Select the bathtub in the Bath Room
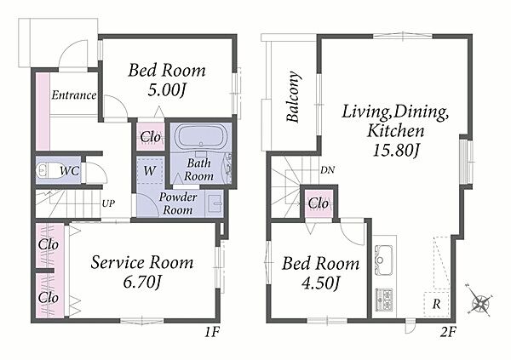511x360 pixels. pos(200,137)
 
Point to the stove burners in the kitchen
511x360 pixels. pos(384,300)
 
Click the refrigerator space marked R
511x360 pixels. pos(436,305)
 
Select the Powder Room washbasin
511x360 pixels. pos(214,204)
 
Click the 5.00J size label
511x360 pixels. pos(167,90)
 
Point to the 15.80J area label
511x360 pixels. pos(395,150)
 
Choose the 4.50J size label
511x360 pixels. pos(321,283)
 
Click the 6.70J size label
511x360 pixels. pos(141,282)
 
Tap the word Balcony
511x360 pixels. pos(293,96)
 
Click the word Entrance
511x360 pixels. pos(74,95)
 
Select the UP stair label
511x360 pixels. pos(108,203)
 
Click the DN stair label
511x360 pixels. pos(327,169)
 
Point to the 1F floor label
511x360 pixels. pos(212,332)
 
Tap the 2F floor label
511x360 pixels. pos(448,332)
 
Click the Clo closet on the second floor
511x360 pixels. pos(318,203)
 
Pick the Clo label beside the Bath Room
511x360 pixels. pos(150,137)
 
